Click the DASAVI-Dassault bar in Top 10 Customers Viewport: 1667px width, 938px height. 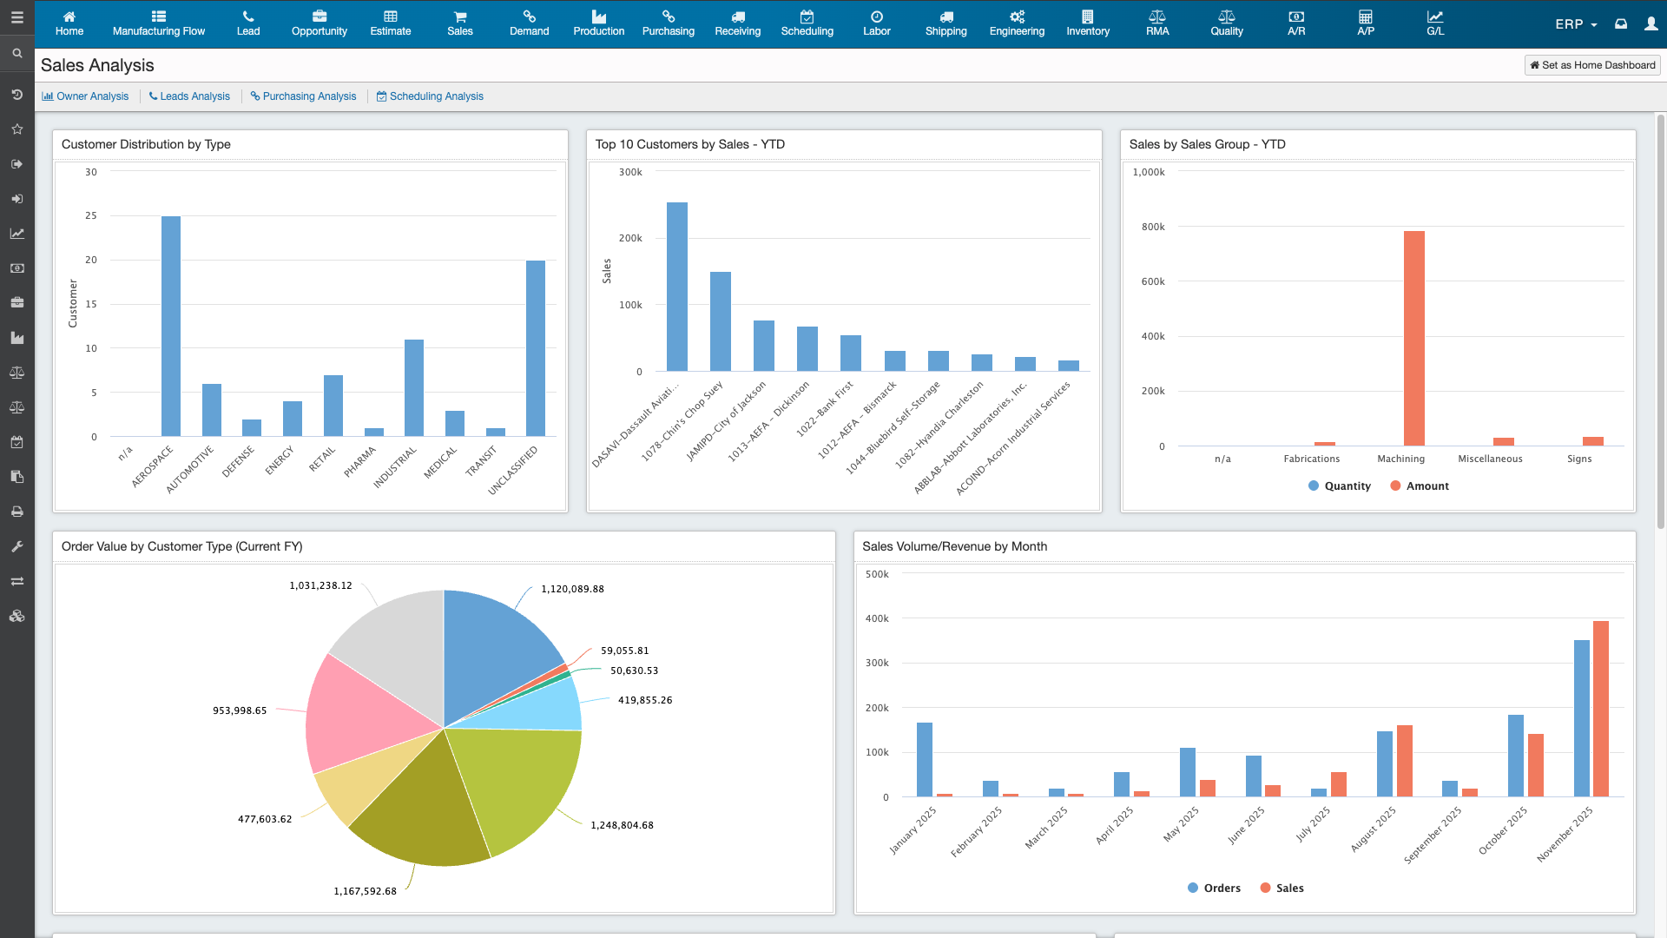677,287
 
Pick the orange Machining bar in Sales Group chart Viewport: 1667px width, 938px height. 1413,339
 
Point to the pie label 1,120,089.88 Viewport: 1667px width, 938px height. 572,589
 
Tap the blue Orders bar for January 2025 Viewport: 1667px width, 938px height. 925,759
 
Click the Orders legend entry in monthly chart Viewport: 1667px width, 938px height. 1214,888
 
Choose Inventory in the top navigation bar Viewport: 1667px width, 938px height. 1088,23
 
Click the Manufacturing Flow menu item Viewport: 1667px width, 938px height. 159,23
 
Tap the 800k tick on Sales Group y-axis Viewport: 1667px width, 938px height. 1153,227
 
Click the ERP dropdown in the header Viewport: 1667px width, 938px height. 1575,24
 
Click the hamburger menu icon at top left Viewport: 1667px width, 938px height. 16,17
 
